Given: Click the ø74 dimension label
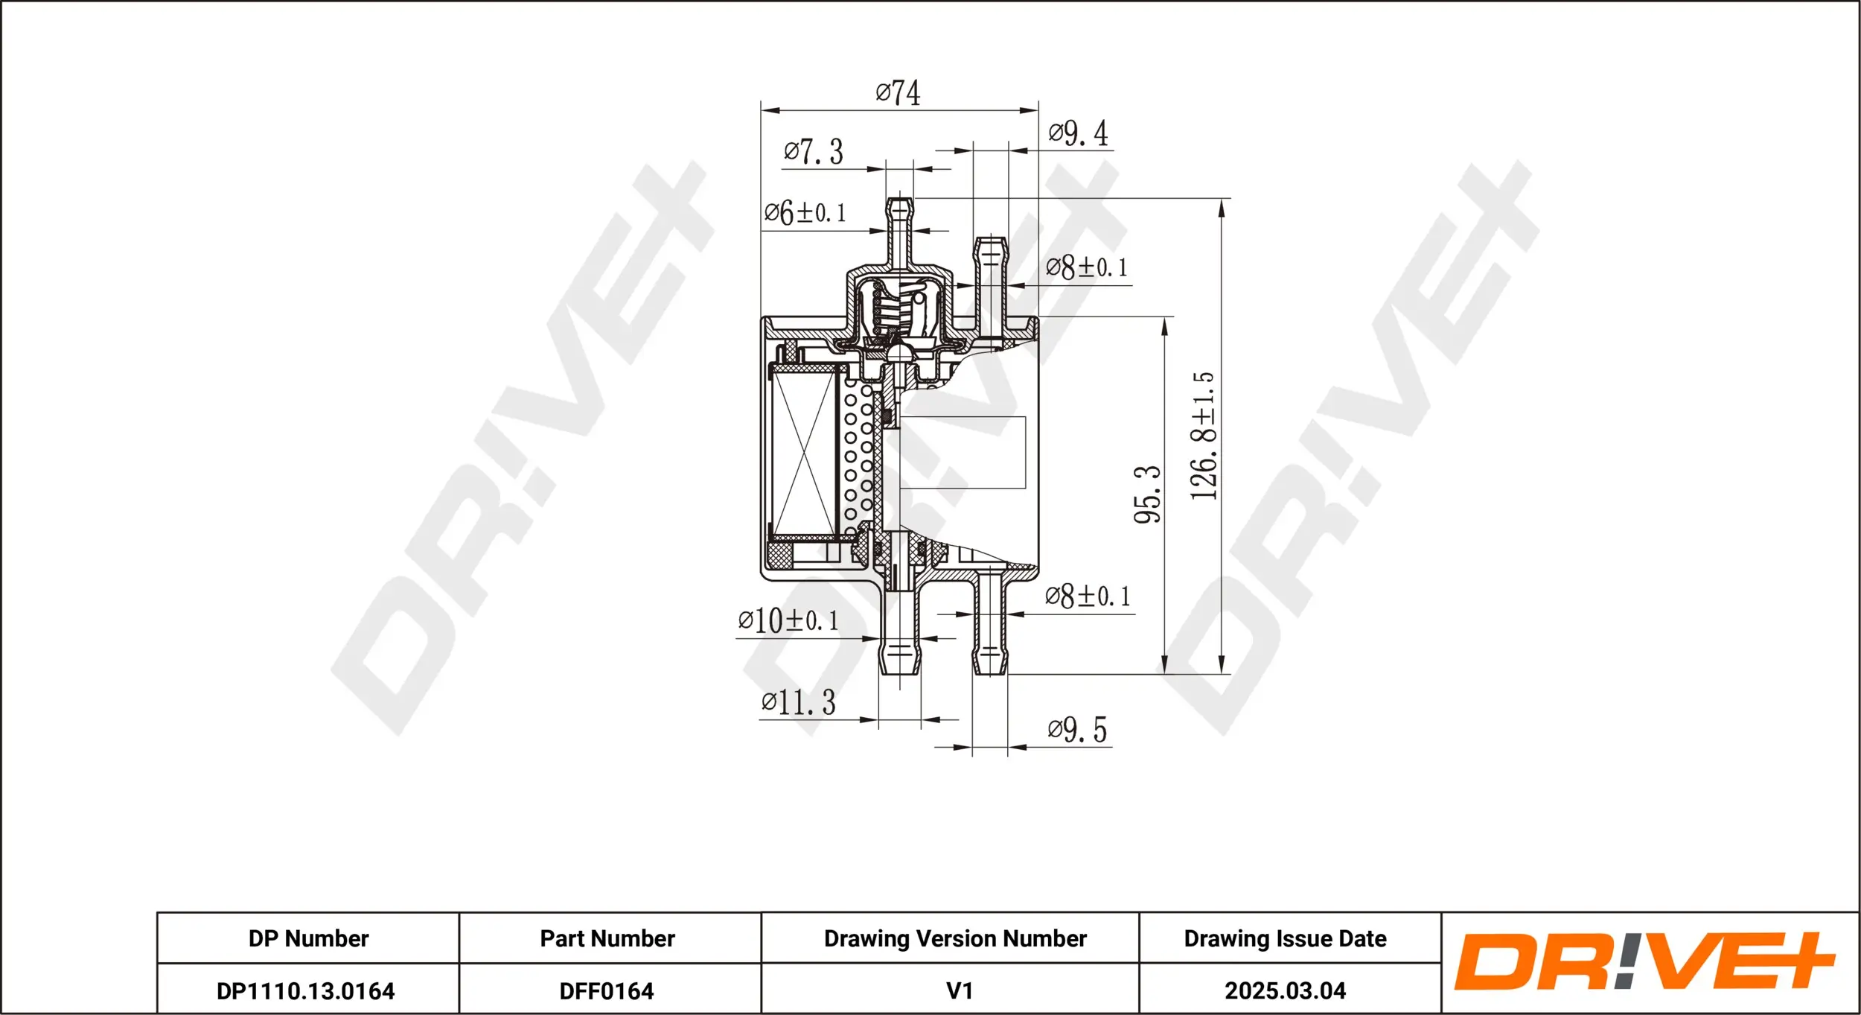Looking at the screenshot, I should click(x=898, y=94).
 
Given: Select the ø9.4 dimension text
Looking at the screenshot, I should click(x=1078, y=134).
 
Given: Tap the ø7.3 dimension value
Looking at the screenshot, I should click(x=814, y=152).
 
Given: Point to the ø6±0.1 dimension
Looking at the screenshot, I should click(x=805, y=213).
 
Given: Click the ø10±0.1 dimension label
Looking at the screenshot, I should click(x=788, y=620).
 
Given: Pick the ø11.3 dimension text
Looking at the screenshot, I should click(x=798, y=702).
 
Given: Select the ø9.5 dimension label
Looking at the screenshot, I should click(x=1077, y=730).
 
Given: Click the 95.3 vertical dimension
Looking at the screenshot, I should click(x=1147, y=495).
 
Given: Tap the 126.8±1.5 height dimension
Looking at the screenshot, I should click(x=1203, y=436).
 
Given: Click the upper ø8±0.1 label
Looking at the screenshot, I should click(x=1086, y=267).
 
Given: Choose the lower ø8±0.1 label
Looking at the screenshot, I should click(x=1088, y=596).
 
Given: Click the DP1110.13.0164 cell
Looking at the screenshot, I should click(x=305, y=991).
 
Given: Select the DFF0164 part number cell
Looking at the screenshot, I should click(x=607, y=991).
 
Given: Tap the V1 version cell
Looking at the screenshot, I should click(x=959, y=991).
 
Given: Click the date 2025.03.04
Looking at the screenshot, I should click(x=1285, y=991).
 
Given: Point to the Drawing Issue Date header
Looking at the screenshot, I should click(x=1285, y=938).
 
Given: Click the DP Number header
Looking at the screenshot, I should click(x=308, y=938).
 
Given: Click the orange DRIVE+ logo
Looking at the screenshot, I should click(x=1644, y=961).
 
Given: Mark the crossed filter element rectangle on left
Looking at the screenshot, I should click(x=805, y=454).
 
